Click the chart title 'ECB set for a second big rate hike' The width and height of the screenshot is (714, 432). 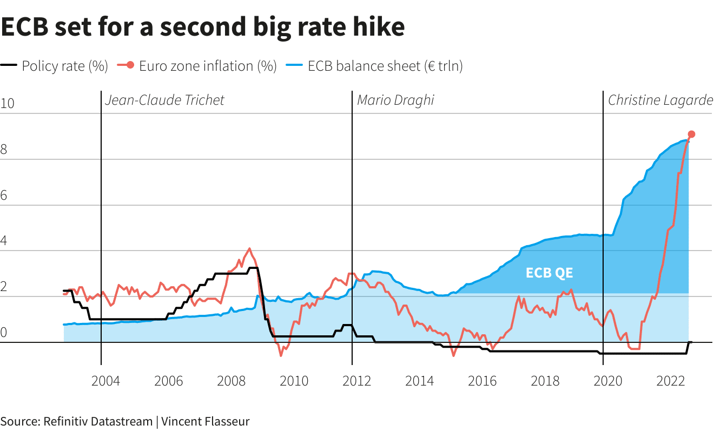[202, 27]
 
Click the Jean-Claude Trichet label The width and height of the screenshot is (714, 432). [164, 100]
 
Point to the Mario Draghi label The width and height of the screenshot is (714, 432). [395, 100]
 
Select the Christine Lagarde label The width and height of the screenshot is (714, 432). [660, 100]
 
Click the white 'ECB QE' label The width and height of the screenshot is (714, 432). [549, 273]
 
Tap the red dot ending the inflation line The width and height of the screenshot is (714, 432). [691, 134]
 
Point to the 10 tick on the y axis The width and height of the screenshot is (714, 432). [7, 104]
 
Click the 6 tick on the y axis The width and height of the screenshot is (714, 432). [4, 195]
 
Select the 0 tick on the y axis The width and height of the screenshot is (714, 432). [4, 332]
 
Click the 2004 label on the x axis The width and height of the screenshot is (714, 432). [105, 381]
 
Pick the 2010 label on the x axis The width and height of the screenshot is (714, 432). [294, 381]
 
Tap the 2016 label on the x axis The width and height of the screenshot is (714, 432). [482, 381]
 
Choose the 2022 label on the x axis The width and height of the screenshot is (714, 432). [671, 381]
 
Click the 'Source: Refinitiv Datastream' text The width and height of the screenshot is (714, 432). [76, 421]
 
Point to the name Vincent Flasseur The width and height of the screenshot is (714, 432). [206, 421]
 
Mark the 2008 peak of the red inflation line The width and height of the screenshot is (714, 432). [249, 248]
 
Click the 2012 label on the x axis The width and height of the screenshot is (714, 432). [356, 381]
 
